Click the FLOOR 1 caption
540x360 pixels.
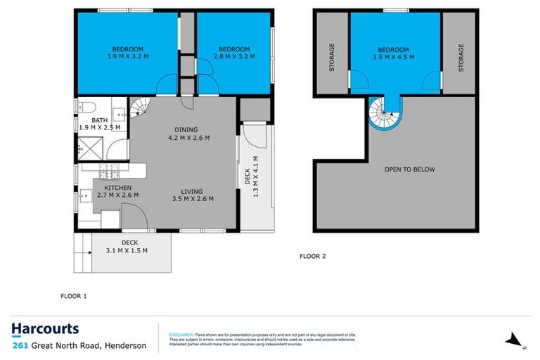pos(73,296)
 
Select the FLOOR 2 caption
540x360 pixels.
pos(312,256)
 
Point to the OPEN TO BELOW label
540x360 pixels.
pos(409,169)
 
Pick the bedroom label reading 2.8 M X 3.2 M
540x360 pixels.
pos(233,53)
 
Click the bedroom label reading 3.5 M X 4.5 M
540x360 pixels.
pos(395,53)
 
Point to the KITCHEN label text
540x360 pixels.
pos(117,188)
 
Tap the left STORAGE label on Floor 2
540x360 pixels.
pos(331,57)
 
